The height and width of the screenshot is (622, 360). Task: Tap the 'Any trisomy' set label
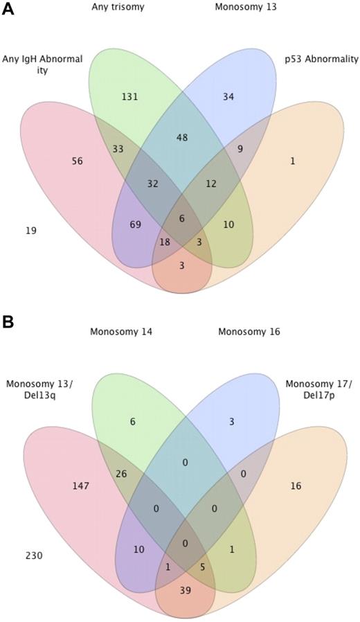coord(119,8)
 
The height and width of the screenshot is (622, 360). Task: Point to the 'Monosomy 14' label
coord(120,332)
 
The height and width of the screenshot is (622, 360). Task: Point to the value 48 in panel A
coord(183,137)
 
